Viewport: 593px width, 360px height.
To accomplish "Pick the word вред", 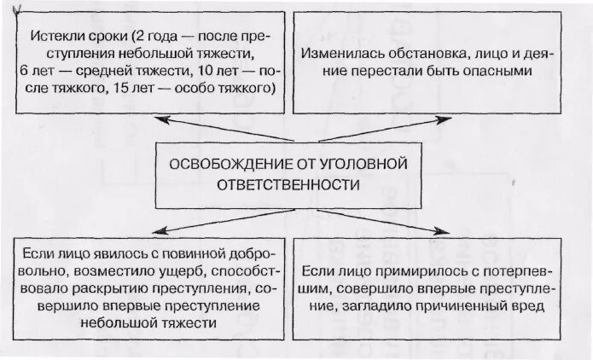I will click(x=535, y=306).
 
